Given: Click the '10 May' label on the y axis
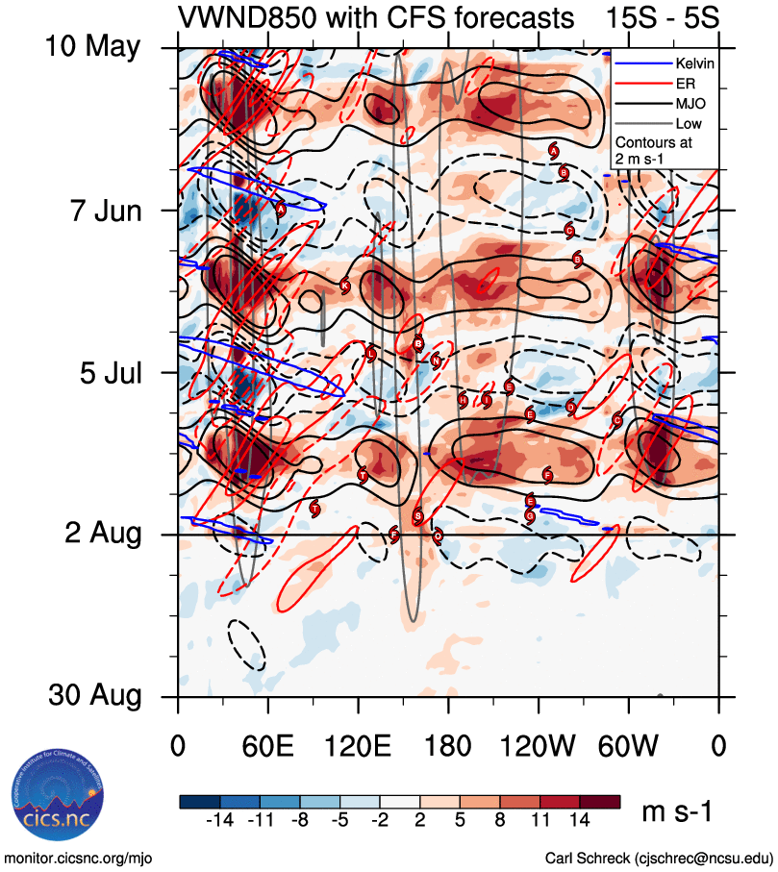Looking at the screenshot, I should click(x=91, y=46).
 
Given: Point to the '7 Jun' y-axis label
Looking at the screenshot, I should click(x=100, y=209).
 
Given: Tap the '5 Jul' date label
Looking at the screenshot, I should click(x=104, y=371).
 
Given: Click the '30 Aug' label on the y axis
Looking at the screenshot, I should click(x=91, y=695).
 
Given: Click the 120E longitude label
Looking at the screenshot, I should click(x=358, y=744).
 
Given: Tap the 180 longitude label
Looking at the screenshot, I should click(x=448, y=744).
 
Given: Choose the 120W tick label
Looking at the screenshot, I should click(x=538, y=744).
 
